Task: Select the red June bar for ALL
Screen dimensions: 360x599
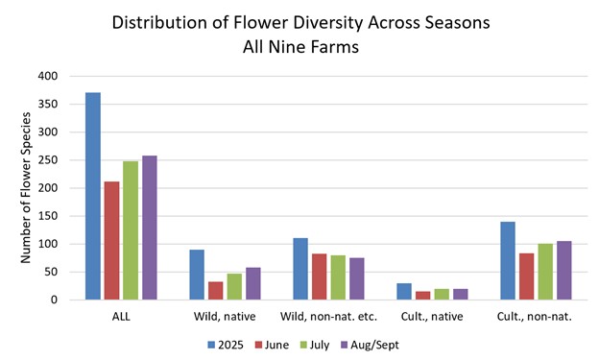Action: pos(111,240)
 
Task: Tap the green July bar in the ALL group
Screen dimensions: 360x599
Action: pos(130,230)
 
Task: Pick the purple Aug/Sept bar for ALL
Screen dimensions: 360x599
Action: pos(149,228)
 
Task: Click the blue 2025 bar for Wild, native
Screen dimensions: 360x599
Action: pos(197,275)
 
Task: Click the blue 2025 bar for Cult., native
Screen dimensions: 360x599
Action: pos(404,291)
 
